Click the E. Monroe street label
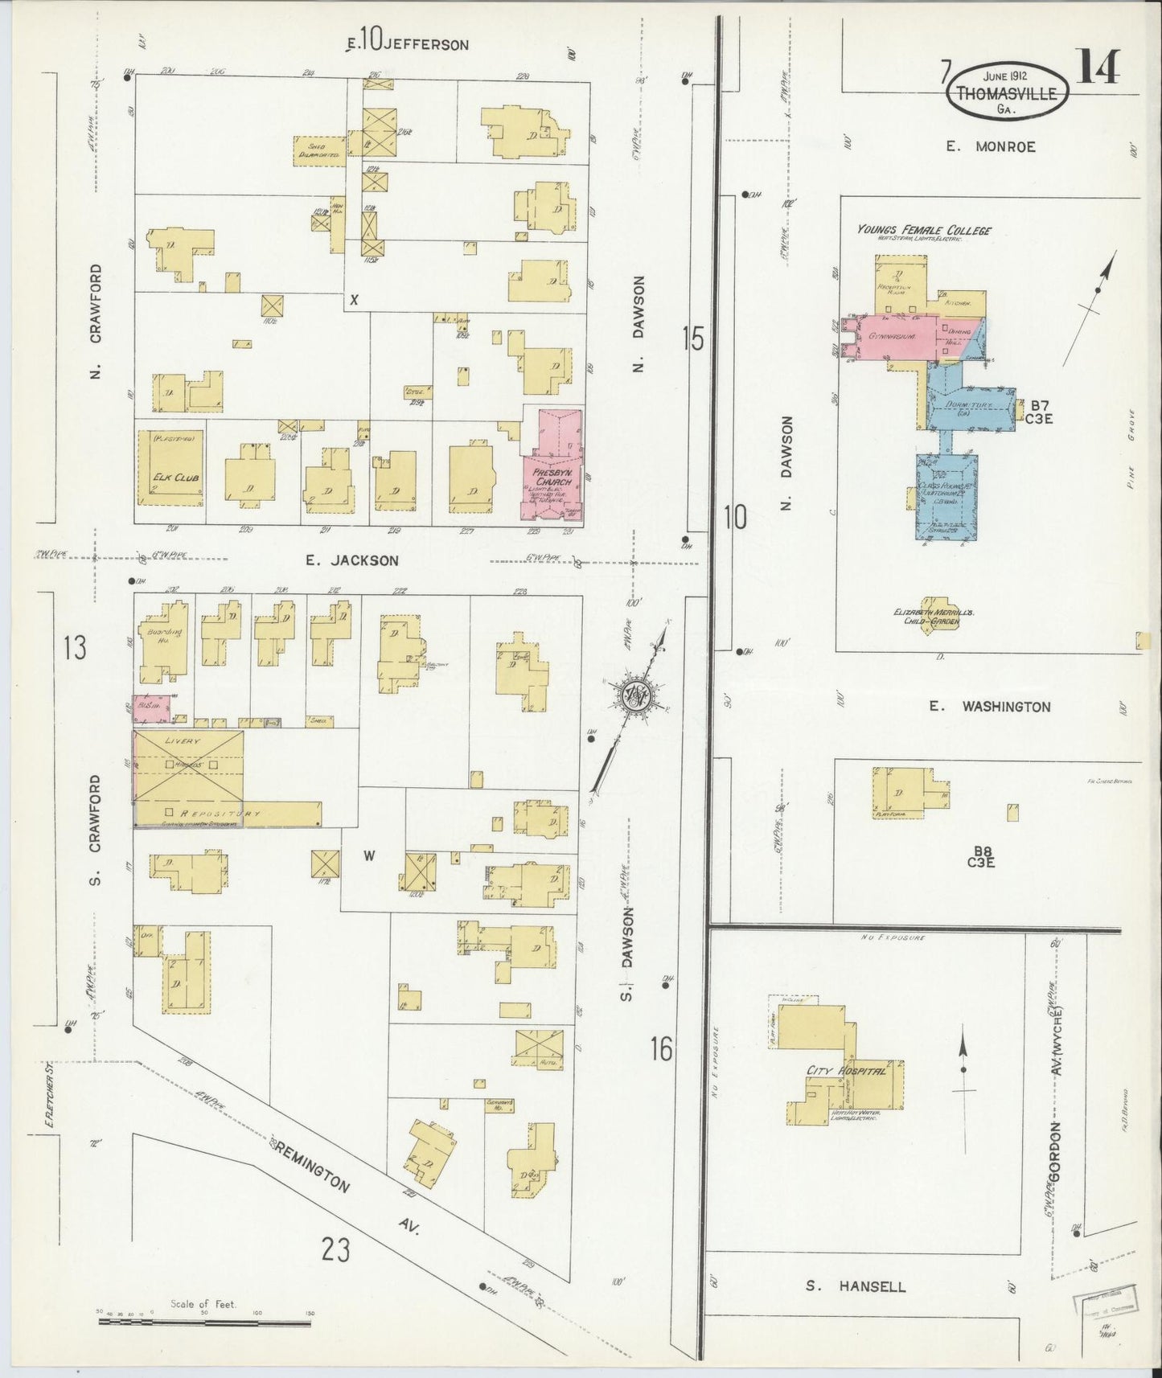(990, 146)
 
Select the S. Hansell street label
(855, 1286)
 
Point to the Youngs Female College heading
(923, 231)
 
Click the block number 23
(336, 1249)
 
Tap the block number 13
(75, 648)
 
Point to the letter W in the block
(368, 855)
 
